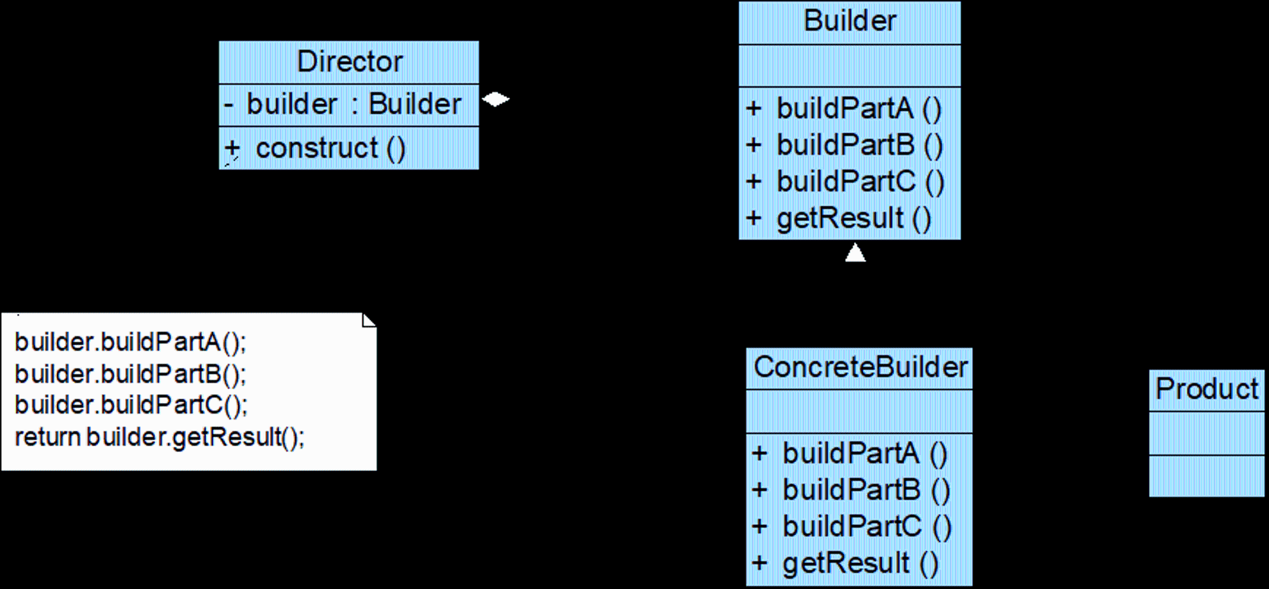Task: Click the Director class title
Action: [x=350, y=62]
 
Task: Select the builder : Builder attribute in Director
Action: [x=353, y=104]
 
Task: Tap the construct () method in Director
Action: [x=330, y=149]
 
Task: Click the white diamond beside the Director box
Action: [x=496, y=100]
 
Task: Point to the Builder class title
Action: [x=850, y=21]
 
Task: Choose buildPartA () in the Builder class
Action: [x=859, y=109]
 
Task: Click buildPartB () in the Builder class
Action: [x=860, y=145]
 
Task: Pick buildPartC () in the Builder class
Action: [x=860, y=182]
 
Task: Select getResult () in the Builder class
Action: [x=854, y=219]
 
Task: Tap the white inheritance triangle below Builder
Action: [x=855, y=253]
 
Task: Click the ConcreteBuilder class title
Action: [x=860, y=367]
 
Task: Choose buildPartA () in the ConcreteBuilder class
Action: [x=865, y=454]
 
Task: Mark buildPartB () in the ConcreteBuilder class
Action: [x=866, y=491]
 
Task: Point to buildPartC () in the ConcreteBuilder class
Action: [x=867, y=527]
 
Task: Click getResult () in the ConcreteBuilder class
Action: [x=860, y=564]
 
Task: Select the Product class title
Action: [x=1207, y=389]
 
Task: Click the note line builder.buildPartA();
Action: [x=130, y=343]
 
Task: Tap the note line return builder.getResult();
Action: [x=159, y=437]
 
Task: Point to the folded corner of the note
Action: [x=369, y=320]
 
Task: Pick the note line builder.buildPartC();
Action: [x=131, y=406]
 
